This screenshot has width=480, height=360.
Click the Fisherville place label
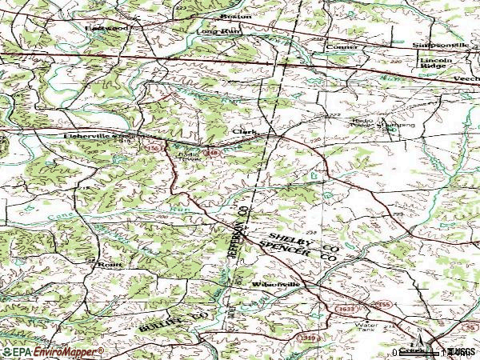[88, 137]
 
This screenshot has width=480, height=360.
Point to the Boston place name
[238, 16]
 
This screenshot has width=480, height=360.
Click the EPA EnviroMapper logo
[52, 351]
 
